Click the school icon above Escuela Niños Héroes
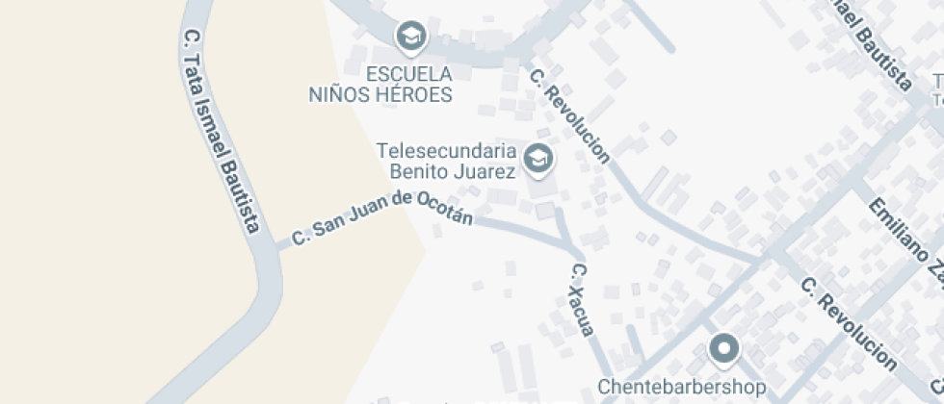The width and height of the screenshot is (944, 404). [412, 37]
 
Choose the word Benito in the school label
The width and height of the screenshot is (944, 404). [421, 172]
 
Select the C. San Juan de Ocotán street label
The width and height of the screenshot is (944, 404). [382, 217]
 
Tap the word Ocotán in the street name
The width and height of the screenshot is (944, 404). [446, 209]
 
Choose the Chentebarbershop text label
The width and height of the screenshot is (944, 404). [682, 387]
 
